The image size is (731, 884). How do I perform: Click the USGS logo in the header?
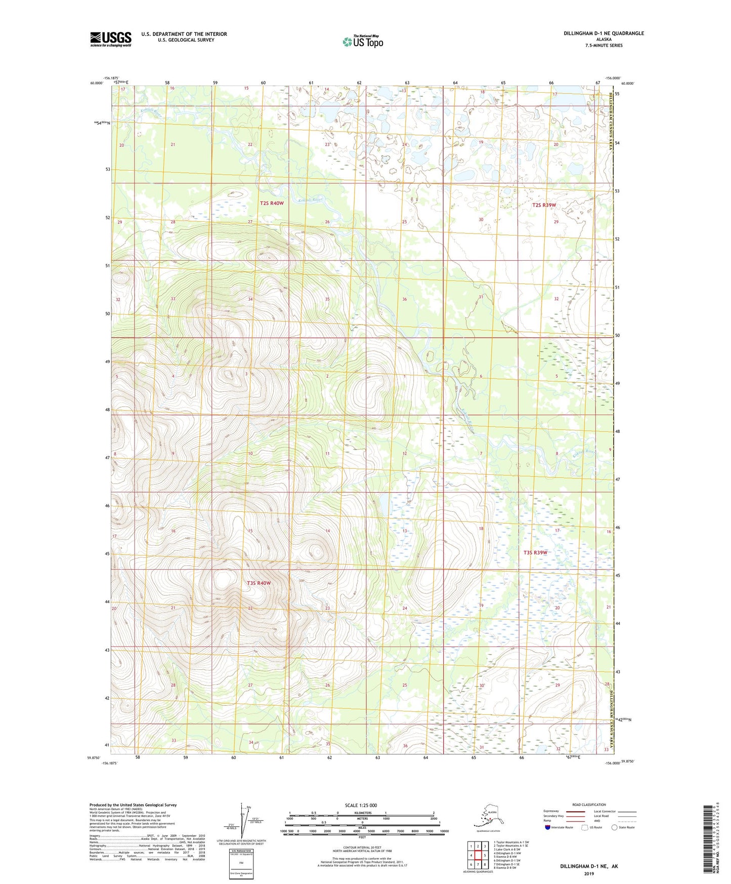click(x=110, y=39)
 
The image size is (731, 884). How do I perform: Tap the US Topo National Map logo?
click(x=363, y=41)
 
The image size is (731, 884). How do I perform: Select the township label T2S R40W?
click(x=272, y=203)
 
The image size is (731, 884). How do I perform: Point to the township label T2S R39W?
click(x=544, y=205)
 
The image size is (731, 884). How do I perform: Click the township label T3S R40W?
click(x=259, y=583)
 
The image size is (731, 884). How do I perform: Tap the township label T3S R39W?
click(x=535, y=552)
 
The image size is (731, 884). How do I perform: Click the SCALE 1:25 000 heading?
click(x=361, y=805)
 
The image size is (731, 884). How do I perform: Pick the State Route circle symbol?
click(x=615, y=827)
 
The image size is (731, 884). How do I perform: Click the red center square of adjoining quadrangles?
click(x=478, y=855)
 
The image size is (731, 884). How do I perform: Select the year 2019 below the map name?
click(x=589, y=873)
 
